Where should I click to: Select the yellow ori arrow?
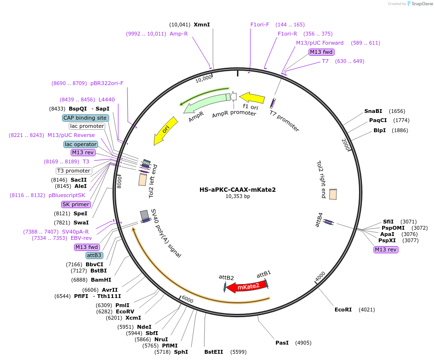165,131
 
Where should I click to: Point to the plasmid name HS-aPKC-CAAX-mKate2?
237,189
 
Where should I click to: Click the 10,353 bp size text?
237,196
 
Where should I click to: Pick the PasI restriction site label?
282,343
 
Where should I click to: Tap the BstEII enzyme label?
213,352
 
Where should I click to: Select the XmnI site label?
202,25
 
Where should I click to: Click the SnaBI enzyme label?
373,111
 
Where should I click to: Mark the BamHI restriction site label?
101,280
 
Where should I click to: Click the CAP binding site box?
85,118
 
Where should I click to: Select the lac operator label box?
81,144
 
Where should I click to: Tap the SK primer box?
75,204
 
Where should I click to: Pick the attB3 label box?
94,255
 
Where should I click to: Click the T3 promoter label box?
74,171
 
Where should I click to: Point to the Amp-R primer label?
179,34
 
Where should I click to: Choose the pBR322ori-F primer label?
107,83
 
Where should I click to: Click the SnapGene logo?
420,4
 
